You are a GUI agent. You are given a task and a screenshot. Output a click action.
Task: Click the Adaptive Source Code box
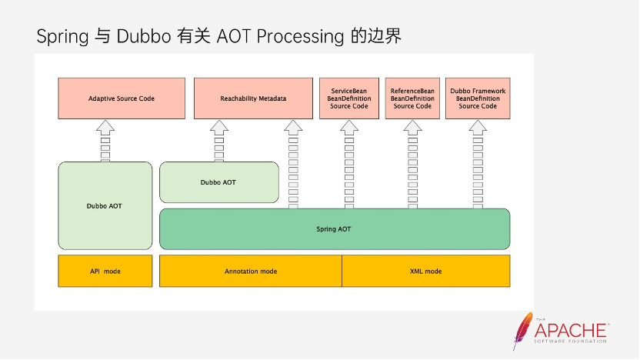[x=122, y=98]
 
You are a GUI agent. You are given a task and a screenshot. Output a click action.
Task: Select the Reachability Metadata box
[x=254, y=98]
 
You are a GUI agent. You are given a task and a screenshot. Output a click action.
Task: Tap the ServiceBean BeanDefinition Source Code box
[x=349, y=98]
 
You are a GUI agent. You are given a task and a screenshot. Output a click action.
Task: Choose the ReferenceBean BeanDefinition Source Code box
[x=412, y=98]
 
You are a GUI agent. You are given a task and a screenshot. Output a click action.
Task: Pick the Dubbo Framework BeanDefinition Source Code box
[x=478, y=98]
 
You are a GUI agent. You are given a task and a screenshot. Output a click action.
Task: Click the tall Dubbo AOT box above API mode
[x=105, y=205]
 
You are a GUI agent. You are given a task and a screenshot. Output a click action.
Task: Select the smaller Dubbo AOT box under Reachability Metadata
[x=219, y=182]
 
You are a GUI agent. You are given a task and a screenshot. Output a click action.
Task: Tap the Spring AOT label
[x=334, y=229]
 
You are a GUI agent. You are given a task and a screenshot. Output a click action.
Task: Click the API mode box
[x=105, y=271]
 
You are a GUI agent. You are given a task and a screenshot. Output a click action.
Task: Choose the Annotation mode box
[x=251, y=271]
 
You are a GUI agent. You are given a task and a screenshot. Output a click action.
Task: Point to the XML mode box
[x=425, y=271]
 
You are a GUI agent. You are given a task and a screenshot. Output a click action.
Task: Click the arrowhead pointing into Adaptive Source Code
[x=105, y=128]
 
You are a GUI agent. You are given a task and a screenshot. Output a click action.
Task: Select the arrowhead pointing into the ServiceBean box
[x=349, y=128]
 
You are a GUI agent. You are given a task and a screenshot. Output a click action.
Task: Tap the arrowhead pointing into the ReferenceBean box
[x=412, y=128]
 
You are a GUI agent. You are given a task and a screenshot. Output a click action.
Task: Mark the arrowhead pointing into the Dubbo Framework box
[x=478, y=128]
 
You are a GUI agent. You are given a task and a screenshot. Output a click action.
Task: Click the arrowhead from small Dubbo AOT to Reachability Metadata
[x=219, y=128]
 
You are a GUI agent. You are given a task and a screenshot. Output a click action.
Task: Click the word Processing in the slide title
[x=300, y=37]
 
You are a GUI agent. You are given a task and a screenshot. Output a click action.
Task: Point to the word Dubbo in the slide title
[x=144, y=36]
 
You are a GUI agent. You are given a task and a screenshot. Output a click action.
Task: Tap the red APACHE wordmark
[x=571, y=330]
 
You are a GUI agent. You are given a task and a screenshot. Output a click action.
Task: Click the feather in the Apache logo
[x=522, y=330]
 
